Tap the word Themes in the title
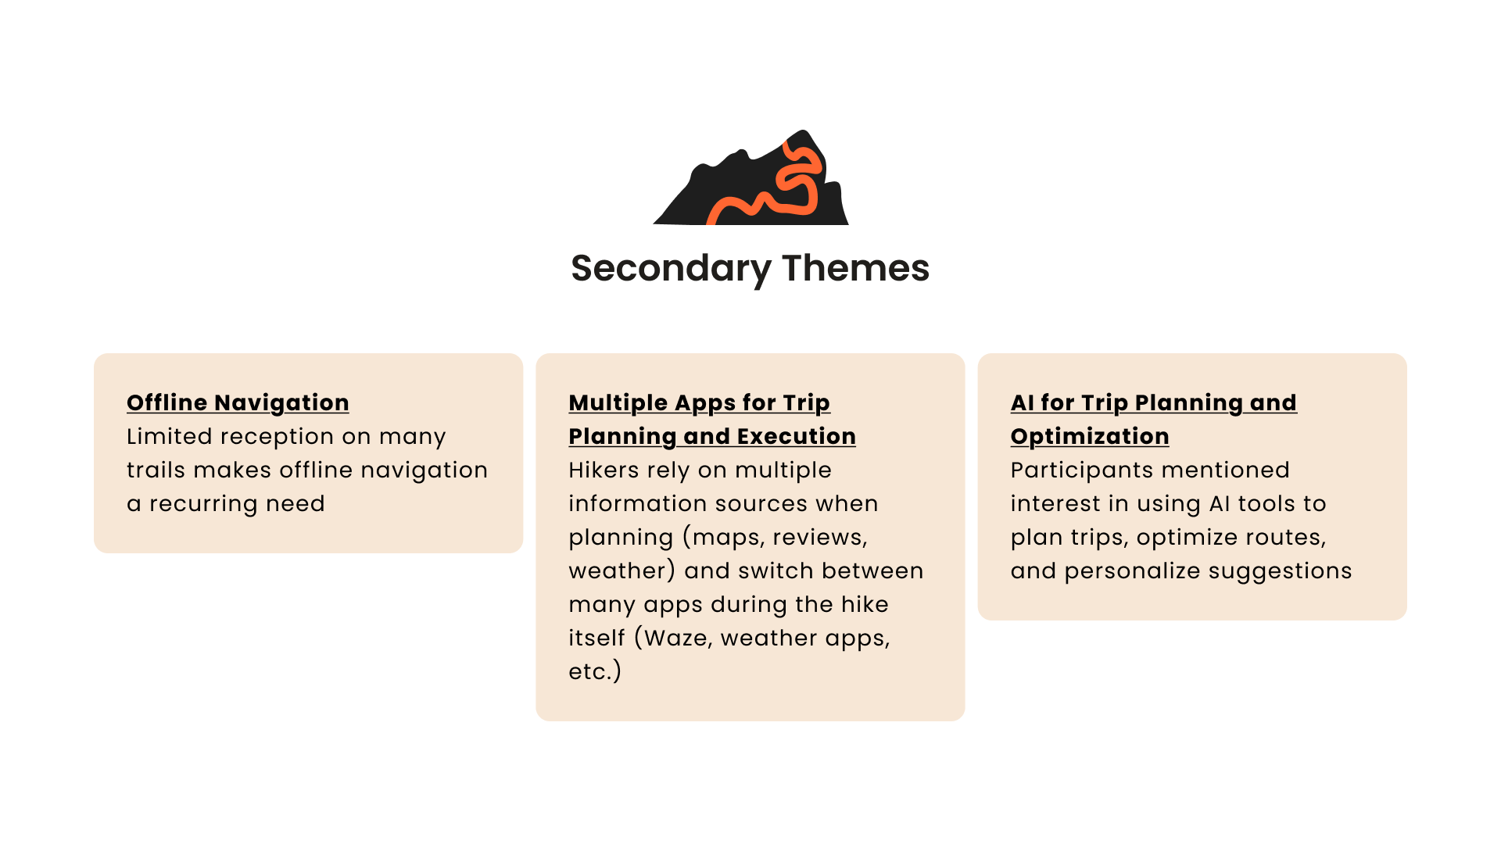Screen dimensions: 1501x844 click(855, 268)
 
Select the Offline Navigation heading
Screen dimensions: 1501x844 click(238, 402)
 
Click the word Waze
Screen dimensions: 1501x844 click(678, 638)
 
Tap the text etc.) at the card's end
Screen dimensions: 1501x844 click(595, 671)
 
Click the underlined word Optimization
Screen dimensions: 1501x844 click(1090, 437)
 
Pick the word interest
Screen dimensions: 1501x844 click(1051, 503)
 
